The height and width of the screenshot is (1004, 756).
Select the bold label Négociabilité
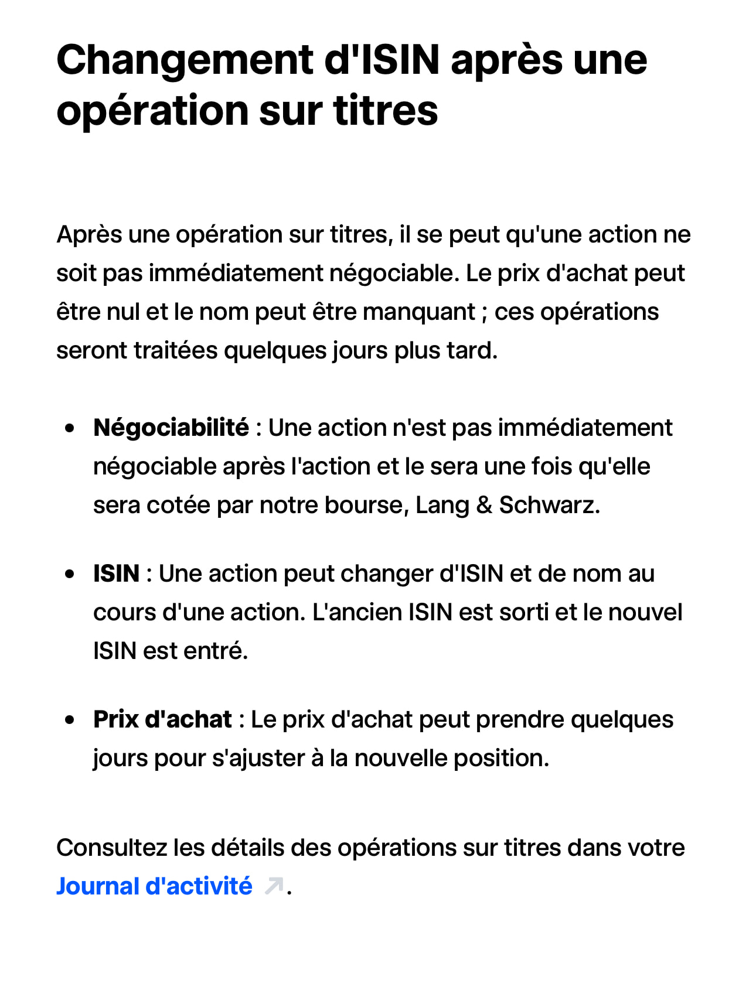(171, 428)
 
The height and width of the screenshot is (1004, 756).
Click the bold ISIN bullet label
(116, 574)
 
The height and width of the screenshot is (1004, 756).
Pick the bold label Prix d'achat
(162, 720)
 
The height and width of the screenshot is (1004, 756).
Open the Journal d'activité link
(154, 886)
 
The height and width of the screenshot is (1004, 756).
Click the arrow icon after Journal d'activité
(274, 886)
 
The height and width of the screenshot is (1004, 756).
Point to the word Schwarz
(549, 506)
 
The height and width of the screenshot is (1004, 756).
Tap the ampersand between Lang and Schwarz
(484, 506)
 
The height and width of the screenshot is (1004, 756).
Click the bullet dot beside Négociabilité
(70, 429)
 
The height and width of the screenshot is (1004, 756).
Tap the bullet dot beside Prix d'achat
(70, 720)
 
